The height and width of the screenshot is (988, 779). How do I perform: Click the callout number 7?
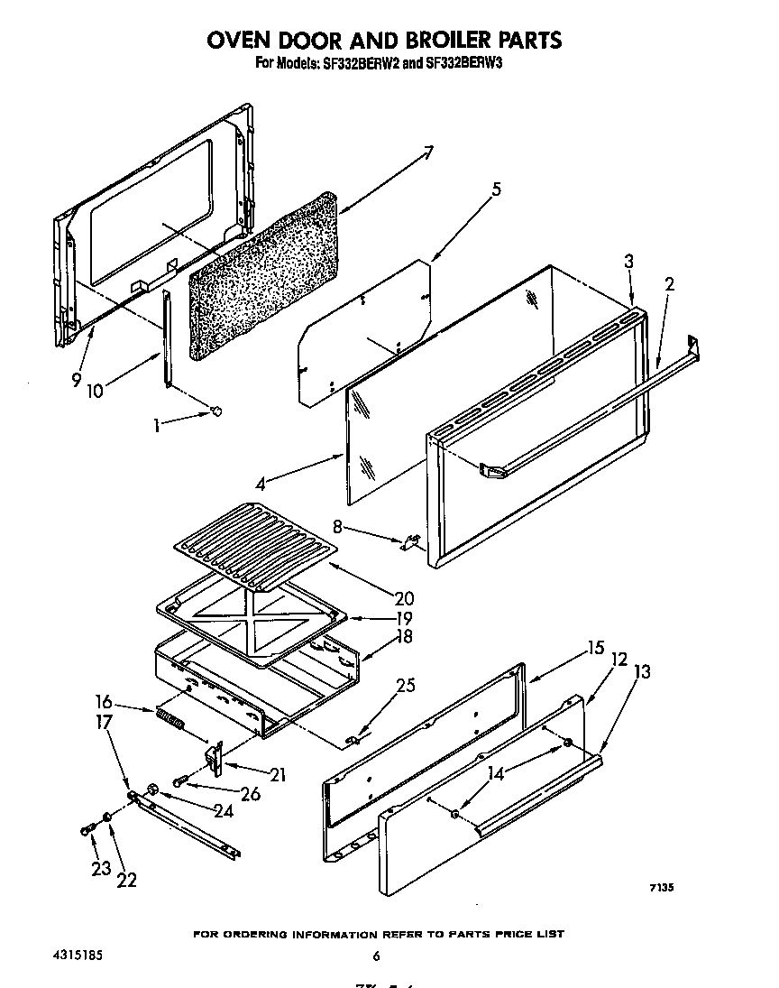tap(428, 152)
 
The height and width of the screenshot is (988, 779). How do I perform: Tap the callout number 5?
tap(496, 189)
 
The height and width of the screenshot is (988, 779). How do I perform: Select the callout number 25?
tap(406, 686)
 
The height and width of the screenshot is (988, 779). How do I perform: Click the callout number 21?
tap(278, 773)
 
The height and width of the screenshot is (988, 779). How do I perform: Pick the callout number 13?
tap(642, 671)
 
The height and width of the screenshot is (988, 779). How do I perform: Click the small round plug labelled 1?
tap(215, 411)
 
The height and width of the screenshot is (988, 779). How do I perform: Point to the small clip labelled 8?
tap(411, 542)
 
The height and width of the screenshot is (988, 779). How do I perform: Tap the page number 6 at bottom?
tap(377, 956)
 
